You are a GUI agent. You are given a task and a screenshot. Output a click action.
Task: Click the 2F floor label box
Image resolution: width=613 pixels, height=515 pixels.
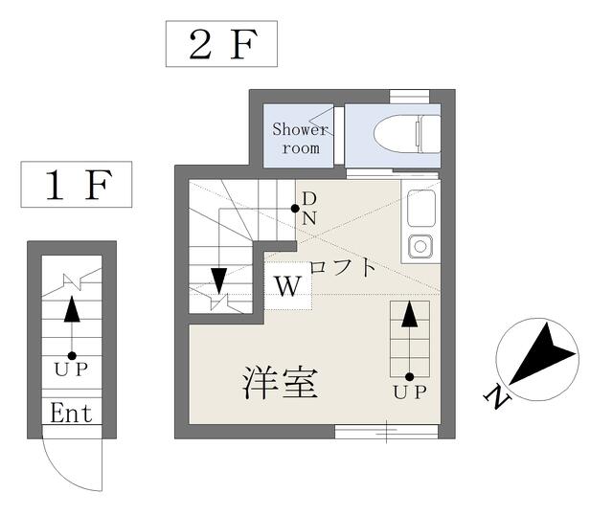pos(221,44)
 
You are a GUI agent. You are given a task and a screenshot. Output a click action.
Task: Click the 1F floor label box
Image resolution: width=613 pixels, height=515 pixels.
pos(77,185)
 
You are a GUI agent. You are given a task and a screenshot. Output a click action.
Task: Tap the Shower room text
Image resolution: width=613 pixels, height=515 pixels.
pos(300,139)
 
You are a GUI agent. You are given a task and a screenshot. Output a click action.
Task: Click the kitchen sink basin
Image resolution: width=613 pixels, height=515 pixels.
pos(421,208)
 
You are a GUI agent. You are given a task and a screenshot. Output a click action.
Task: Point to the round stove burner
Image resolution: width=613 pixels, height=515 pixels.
pos(420,246)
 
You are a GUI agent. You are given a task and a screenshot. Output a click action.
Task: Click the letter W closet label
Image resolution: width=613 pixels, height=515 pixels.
pos(288,286)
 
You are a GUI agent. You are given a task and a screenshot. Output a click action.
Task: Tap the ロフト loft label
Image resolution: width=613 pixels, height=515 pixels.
pos(343,267)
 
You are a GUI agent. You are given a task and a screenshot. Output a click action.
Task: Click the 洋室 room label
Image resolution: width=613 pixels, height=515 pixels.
pos(280,383)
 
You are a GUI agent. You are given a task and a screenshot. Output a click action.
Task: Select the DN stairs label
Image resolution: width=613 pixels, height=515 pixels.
pos(309,209)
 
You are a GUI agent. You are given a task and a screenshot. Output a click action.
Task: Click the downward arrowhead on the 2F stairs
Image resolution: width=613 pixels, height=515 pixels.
pos(219,280)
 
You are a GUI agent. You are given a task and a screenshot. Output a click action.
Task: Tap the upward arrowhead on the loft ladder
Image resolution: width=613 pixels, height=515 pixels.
pos(409,314)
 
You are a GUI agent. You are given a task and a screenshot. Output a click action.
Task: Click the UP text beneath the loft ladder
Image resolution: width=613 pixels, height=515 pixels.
pos(410,392)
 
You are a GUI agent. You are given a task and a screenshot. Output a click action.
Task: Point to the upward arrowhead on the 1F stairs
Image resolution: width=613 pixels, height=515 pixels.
pos(72,309)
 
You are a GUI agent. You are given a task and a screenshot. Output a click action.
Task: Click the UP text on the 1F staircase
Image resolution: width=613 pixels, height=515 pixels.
pos(72,369)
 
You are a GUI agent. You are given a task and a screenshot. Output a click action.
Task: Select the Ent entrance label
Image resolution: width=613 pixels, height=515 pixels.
pos(72,413)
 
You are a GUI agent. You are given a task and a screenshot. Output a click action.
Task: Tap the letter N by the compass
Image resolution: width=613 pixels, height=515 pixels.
pos(497,397)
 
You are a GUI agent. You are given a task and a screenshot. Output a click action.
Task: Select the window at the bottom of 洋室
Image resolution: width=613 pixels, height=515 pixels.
pos(386,432)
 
